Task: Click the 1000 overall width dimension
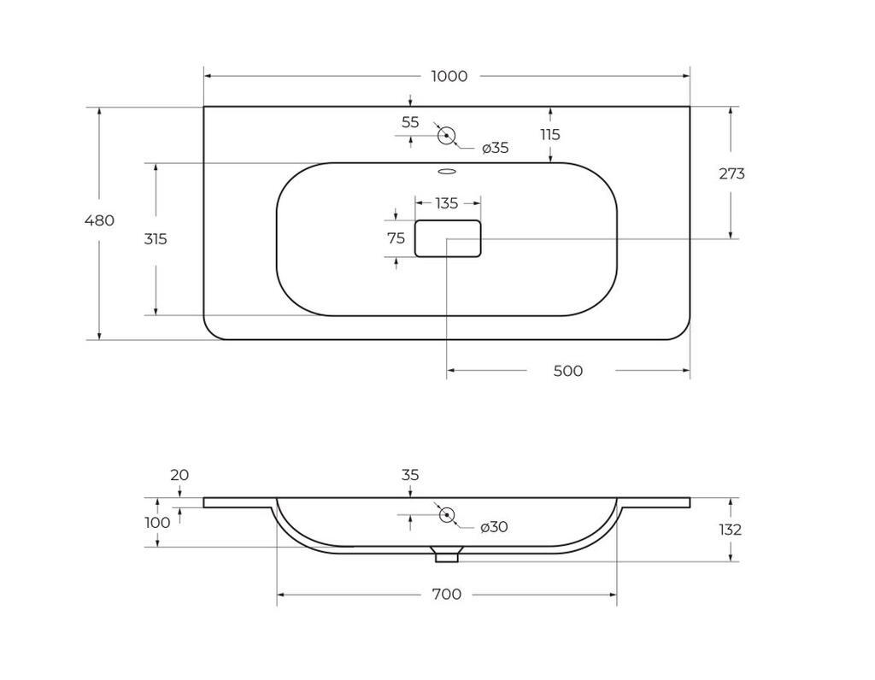pos(449,76)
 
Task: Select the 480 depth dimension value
pos(99,220)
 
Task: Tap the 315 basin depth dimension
pos(156,239)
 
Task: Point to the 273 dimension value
pos(731,173)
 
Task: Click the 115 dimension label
pos(549,134)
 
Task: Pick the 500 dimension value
pos(568,371)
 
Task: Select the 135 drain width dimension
pos(447,203)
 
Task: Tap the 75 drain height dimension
pos(396,238)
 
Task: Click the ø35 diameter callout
pos(495,148)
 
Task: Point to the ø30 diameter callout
pos(494,527)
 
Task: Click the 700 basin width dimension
pos(447,594)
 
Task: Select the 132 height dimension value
pos(731,530)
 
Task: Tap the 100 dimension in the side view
pos(158,522)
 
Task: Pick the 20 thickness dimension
pos(179,475)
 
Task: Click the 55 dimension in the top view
pos(410,122)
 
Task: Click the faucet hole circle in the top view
pos(445,135)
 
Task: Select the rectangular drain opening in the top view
pos(448,238)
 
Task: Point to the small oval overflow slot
pos(445,172)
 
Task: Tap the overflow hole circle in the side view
pos(445,514)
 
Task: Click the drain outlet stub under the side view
pos(447,555)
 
